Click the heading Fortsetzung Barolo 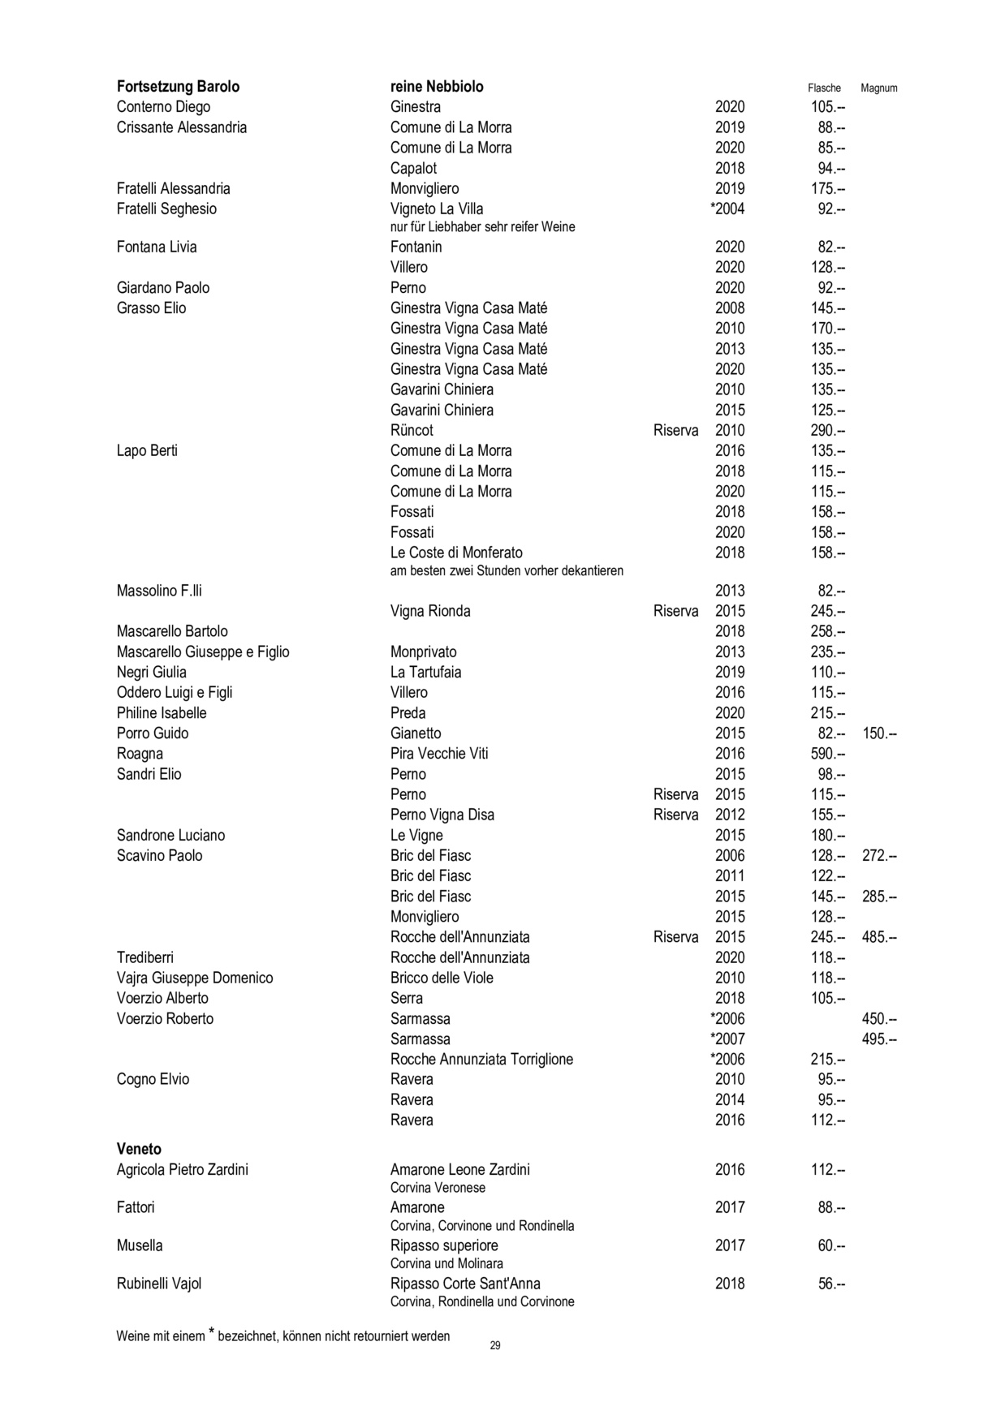tap(178, 87)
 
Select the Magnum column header tap(878, 88)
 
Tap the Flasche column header tap(824, 88)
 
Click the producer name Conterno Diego tap(163, 107)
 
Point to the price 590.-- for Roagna tap(828, 754)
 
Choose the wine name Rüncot tap(412, 431)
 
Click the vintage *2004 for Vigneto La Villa tap(727, 209)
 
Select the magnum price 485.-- tap(879, 937)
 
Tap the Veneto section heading tap(139, 1149)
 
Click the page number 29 tap(495, 1346)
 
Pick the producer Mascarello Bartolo tap(172, 631)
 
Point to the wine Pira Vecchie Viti tap(439, 754)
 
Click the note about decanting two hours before tap(507, 571)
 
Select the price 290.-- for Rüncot tap(828, 431)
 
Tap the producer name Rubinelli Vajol tap(159, 1284)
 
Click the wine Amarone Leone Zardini tap(459, 1169)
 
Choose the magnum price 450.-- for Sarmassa tap(879, 1019)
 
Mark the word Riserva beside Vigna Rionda tap(675, 611)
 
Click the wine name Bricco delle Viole tap(442, 978)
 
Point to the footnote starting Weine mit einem tap(283, 1335)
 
